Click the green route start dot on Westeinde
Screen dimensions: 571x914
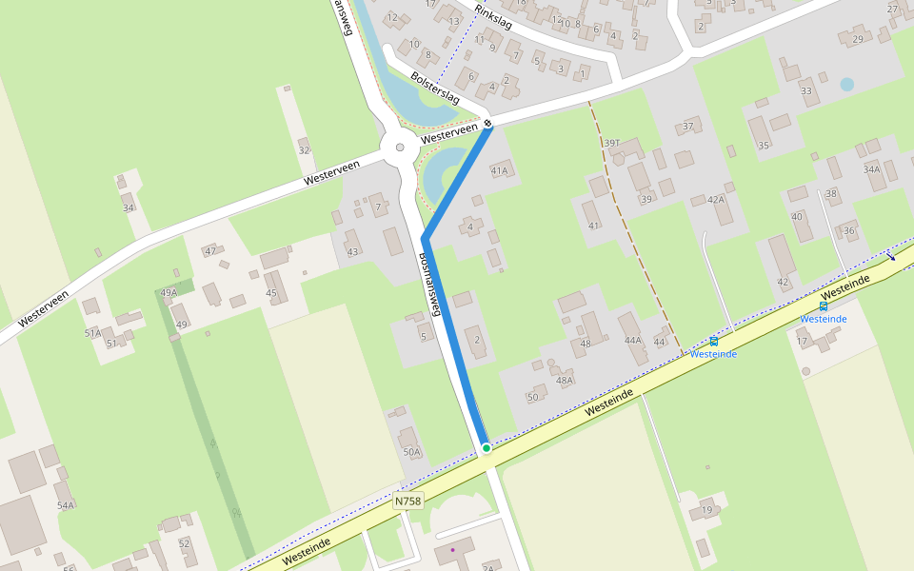click(486, 447)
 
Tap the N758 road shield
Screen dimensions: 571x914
click(407, 501)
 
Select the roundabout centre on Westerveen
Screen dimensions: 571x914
click(400, 148)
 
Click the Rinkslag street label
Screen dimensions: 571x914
click(493, 16)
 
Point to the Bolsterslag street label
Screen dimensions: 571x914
click(435, 87)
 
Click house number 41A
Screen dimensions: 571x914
click(500, 170)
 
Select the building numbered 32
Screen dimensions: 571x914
click(304, 150)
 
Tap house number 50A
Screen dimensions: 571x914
click(411, 452)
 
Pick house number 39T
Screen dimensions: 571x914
click(612, 143)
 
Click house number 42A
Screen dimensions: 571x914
click(716, 199)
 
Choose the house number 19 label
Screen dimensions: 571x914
click(706, 511)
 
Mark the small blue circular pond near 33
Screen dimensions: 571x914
click(846, 84)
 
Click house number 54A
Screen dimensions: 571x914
click(65, 505)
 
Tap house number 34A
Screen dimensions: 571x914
click(872, 169)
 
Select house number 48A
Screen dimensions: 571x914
click(565, 380)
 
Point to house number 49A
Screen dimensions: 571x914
click(169, 293)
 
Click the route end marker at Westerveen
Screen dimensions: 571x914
click(487, 123)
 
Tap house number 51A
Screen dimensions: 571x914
click(92, 333)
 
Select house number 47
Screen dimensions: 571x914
click(210, 251)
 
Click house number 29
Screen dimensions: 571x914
click(857, 39)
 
